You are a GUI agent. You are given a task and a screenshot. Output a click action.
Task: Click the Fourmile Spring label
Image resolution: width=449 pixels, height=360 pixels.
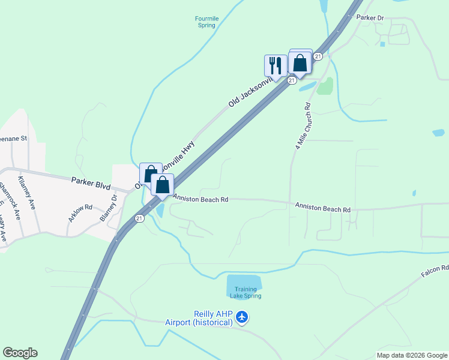(x=206, y=22)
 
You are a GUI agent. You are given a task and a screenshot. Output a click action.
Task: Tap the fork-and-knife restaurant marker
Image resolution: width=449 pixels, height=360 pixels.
(x=276, y=66)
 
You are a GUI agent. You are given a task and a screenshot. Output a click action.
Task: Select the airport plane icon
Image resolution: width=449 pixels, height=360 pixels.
(x=242, y=316)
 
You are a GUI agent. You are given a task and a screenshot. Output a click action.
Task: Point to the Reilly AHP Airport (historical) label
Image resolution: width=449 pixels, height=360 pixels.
(x=199, y=318)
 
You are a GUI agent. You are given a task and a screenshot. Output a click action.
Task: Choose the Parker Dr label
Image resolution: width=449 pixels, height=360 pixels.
(x=370, y=17)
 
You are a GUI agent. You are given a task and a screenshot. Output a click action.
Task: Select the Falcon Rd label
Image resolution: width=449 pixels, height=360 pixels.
(x=435, y=270)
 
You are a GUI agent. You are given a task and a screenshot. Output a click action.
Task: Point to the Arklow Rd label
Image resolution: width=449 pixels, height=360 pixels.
(x=80, y=213)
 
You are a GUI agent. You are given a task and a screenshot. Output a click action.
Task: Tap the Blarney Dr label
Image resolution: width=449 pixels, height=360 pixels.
(x=109, y=208)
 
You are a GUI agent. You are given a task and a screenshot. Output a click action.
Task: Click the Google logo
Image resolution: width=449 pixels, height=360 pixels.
(x=20, y=353)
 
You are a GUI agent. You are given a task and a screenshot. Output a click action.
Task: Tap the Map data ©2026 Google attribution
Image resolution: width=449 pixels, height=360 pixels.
(x=412, y=355)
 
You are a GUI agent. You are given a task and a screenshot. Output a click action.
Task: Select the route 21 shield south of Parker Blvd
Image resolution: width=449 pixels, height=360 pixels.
(x=139, y=218)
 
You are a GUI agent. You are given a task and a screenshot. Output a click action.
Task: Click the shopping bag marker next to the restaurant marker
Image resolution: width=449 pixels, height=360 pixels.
(x=300, y=63)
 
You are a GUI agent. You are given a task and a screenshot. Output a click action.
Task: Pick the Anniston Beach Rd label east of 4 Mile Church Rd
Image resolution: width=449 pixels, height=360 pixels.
(x=322, y=207)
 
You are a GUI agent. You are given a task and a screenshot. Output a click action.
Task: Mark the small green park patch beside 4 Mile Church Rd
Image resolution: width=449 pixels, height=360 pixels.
(x=325, y=86)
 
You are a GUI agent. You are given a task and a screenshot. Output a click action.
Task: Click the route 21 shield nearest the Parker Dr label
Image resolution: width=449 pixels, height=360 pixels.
(x=318, y=56)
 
